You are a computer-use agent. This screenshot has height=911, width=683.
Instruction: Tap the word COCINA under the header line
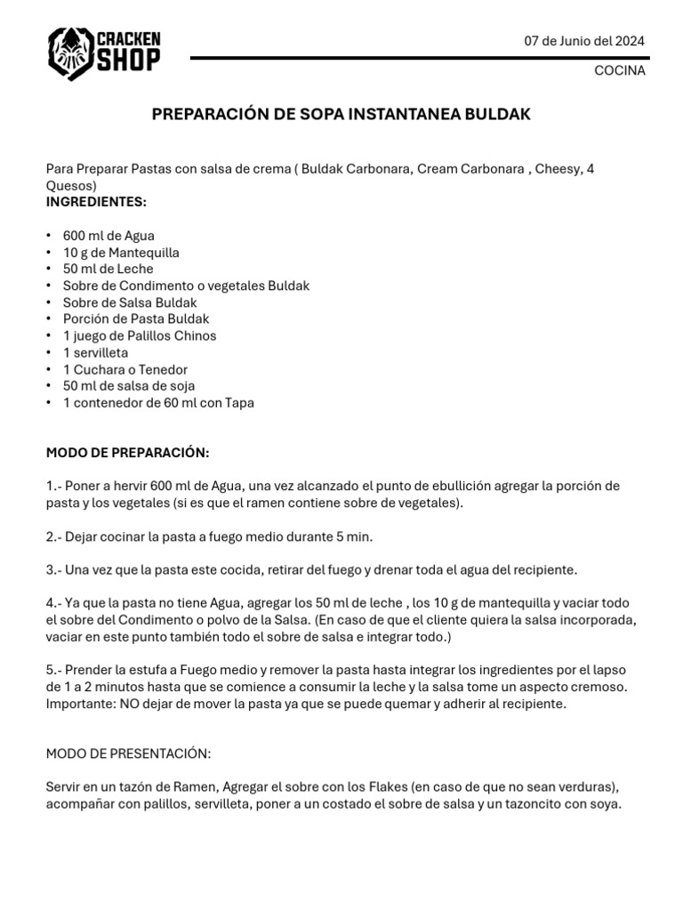pos(620,71)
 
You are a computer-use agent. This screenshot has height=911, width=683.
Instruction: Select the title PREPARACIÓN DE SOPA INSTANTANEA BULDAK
pos(341,115)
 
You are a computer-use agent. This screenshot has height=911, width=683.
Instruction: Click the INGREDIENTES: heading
pos(96,202)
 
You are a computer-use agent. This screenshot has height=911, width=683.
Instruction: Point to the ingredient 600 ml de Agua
pos(108,236)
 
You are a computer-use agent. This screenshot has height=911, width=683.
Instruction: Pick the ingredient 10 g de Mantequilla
pos(121,253)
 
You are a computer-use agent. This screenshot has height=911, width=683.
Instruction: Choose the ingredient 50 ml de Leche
pos(108,269)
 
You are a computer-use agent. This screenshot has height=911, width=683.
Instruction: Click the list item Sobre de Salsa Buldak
pos(130,302)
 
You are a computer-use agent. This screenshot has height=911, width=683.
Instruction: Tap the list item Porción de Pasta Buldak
pos(136,318)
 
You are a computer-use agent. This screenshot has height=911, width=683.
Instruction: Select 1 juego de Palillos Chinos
pos(140,335)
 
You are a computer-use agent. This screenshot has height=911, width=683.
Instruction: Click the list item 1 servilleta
pos(95,352)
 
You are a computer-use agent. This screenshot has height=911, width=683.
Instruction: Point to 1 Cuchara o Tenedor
pos(125,369)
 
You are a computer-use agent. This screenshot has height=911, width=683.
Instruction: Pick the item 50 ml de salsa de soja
pos(129,386)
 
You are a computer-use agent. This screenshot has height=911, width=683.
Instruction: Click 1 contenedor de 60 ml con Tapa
pos(158,403)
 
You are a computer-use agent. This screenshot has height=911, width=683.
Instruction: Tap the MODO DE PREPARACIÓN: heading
pos(127,453)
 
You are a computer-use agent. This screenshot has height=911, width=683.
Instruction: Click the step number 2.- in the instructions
pos(55,536)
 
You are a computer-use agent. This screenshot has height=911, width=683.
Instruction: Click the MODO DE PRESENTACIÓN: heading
pos(128,754)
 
